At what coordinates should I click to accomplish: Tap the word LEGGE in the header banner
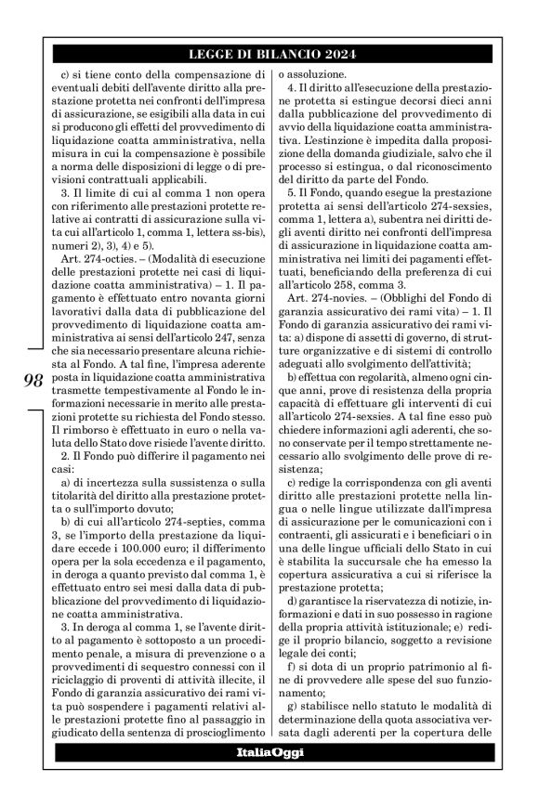(206, 54)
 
